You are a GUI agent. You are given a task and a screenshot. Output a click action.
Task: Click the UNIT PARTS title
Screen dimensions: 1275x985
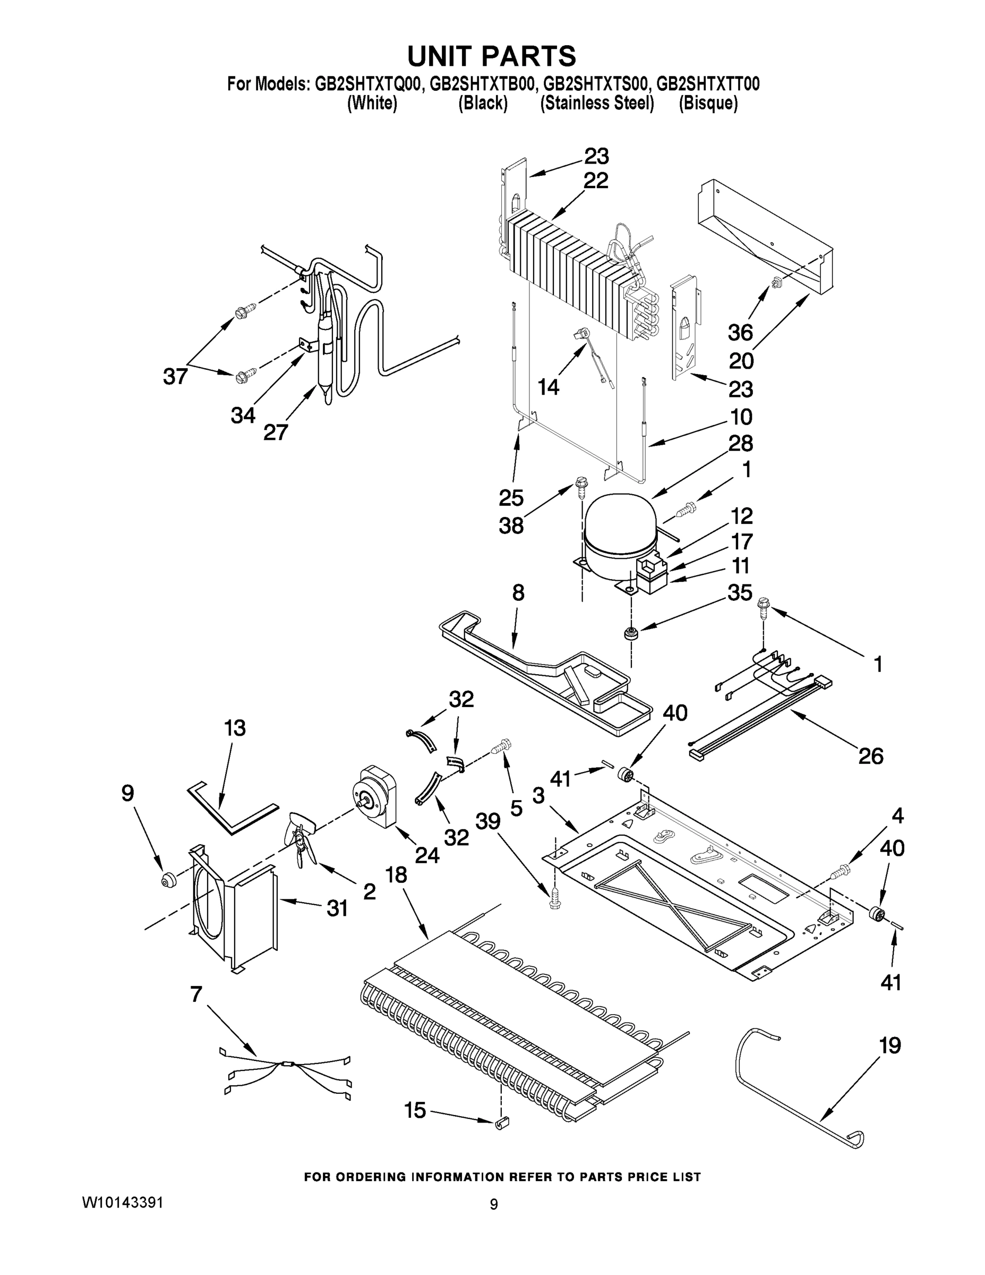pyautogui.click(x=491, y=57)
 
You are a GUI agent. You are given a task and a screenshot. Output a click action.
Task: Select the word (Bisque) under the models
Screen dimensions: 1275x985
pyautogui.click(x=708, y=104)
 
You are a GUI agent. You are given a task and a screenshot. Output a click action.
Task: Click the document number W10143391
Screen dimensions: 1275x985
pyautogui.click(x=122, y=1203)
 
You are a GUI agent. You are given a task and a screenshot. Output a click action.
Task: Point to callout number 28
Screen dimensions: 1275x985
pyautogui.click(x=741, y=444)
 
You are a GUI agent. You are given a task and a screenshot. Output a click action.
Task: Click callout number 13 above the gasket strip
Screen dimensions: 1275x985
pyautogui.click(x=235, y=728)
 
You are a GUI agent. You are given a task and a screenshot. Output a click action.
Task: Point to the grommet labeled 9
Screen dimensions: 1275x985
pyautogui.click(x=169, y=880)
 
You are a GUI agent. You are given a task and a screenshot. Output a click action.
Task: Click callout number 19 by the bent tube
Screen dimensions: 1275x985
pyautogui.click(x=889, y=1045)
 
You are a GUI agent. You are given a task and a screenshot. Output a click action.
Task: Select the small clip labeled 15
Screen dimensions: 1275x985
pyautogui.click(x=502, y=1123)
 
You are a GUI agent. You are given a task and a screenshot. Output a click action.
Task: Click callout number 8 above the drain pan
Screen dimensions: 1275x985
pyautogui.click(x=518, y=593)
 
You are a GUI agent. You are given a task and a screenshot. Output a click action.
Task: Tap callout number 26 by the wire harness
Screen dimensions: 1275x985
pyautogui.click(x=871, y=756)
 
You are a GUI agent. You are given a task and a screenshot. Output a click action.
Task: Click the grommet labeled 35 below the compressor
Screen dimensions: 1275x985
pyautogui.click(x=630, y=633)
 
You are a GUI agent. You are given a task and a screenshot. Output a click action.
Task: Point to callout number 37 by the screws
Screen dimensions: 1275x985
pyautogui.click(x=175, y=377)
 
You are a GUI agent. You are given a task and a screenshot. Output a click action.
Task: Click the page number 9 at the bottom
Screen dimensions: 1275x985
pyautogui.click(x=494, y=1204)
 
